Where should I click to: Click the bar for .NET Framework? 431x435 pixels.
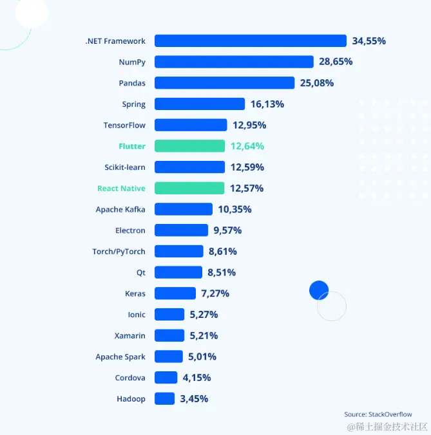[x=251, y=41]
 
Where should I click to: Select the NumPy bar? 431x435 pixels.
[x=234, y=62]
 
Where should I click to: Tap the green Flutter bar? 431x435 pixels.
[x=189, y=146]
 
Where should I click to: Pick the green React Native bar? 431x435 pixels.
[x=189, y=189]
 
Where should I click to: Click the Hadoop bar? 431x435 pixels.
[x=164, y=399]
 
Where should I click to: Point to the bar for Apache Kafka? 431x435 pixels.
[x=184, y=209]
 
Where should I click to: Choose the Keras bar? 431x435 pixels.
[x=175, y=293]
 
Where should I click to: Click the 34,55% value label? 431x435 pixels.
[x=369, y=41]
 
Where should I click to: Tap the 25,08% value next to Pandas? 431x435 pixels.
[x=317, y=83]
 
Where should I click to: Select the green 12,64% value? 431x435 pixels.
[x=247, y=146]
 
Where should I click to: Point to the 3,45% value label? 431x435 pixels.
[x=194, y=399]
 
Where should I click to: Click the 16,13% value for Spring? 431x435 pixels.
[x=267, y=104]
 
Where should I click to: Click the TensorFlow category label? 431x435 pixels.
[x=124, y=125]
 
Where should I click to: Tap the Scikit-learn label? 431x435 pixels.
[x=125, y=167]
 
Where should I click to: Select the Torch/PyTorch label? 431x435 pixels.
[x=119, y=252]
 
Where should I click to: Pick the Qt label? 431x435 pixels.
[x=141, y=273]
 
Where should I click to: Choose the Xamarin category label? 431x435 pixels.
[x=130, y=336]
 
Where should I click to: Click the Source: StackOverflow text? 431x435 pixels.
[x=378, y=414]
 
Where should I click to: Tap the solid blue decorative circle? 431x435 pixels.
[x=319, y=290]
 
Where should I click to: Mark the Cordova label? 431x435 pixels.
[x=130, y=378]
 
